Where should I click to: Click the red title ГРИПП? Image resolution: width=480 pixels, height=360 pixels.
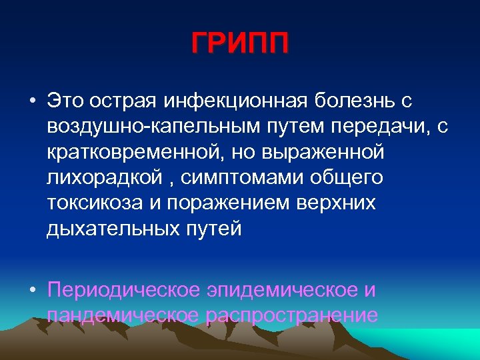(x=240, y=46)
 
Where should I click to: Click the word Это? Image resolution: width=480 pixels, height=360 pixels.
(x=65, y=101)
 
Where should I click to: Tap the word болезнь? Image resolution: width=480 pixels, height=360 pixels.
(x=357, y=101)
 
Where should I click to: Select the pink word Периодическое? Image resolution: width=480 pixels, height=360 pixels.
(x=124, y=291)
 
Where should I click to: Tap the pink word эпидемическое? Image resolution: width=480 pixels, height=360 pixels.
(x=283, y=291)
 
